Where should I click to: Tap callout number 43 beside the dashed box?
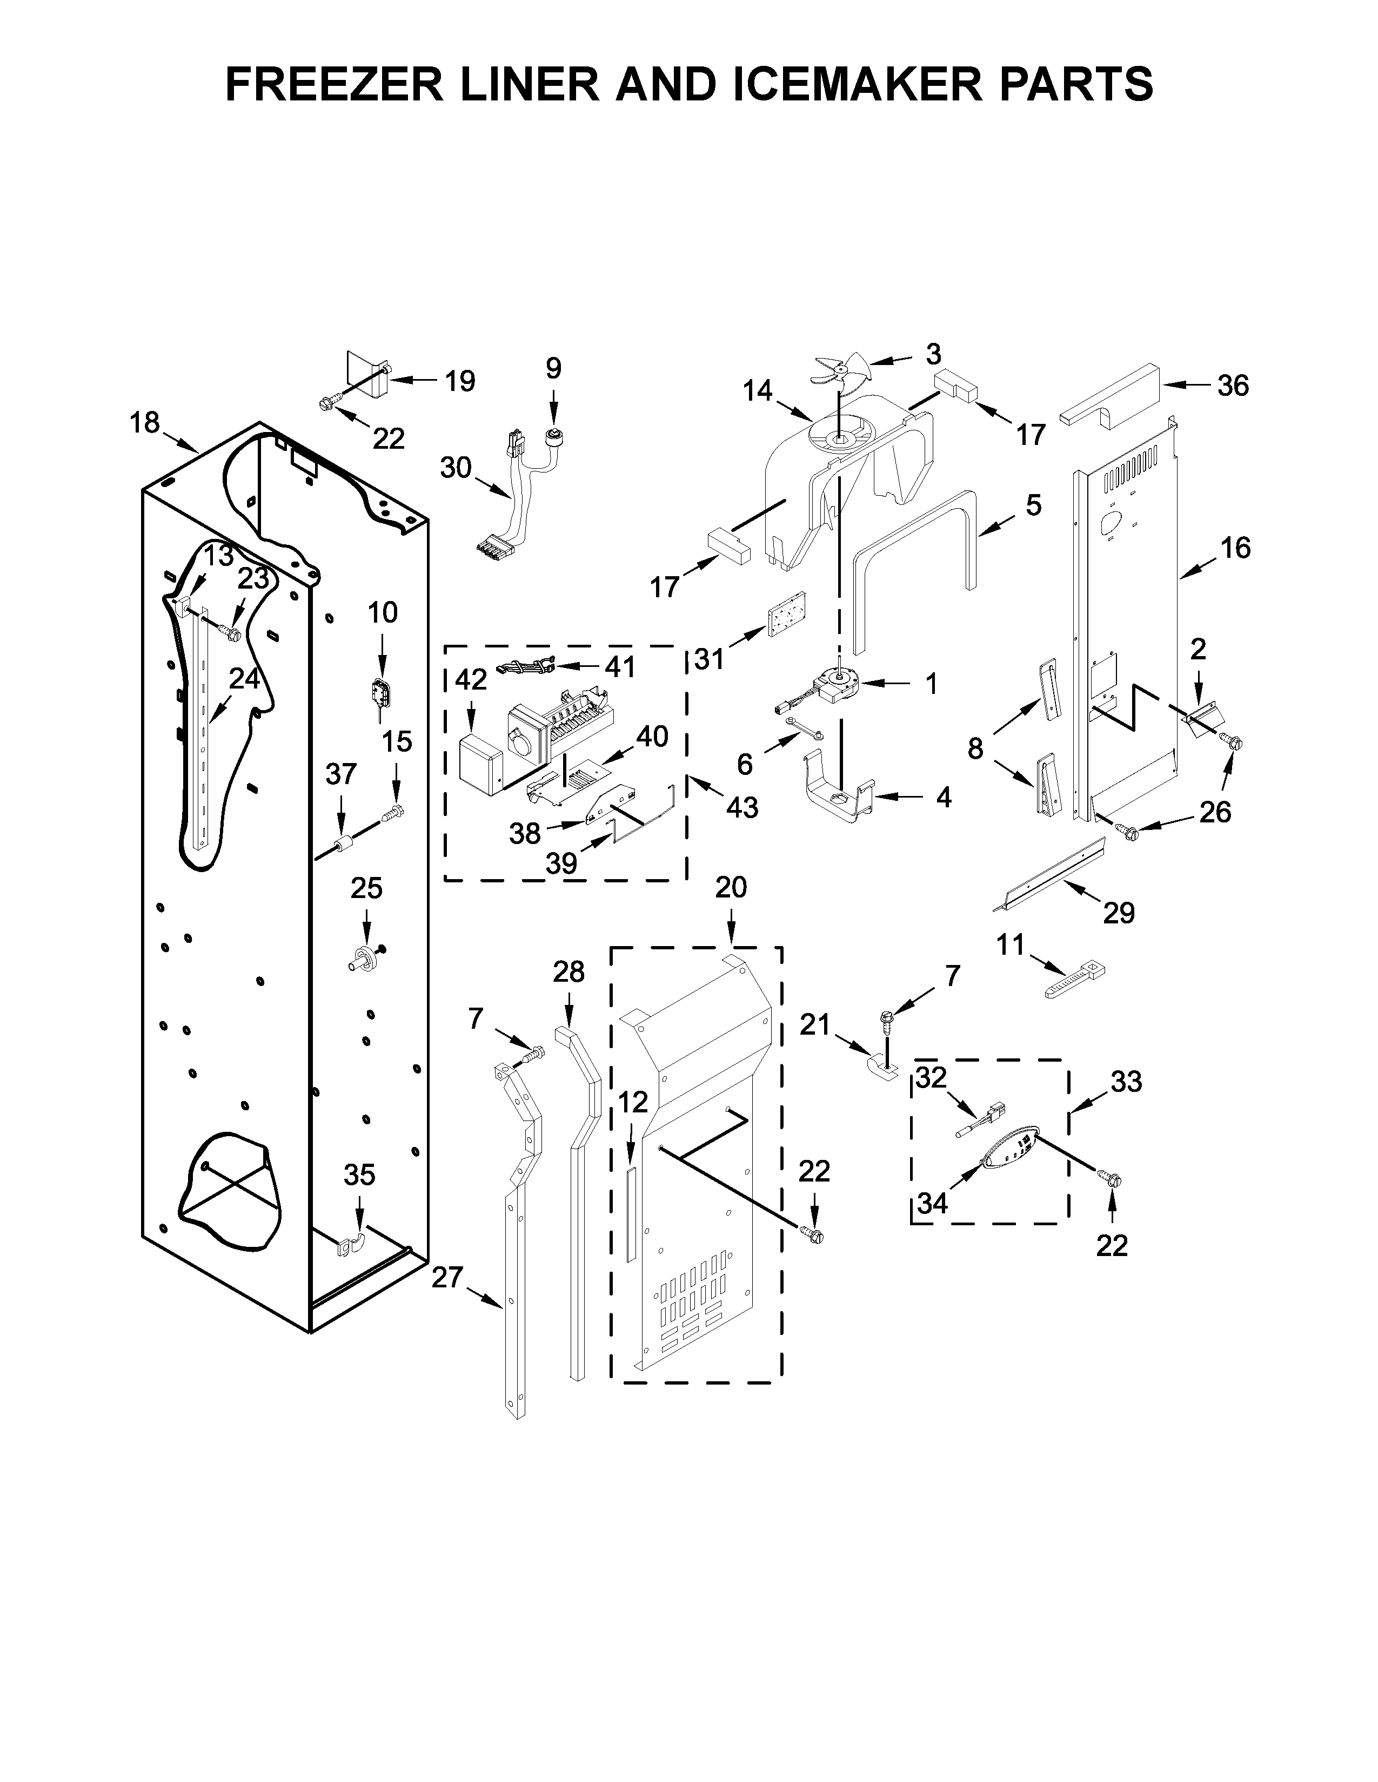742,808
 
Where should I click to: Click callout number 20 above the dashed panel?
731,887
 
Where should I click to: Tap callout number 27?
447,1277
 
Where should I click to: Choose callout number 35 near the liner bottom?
359,1175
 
